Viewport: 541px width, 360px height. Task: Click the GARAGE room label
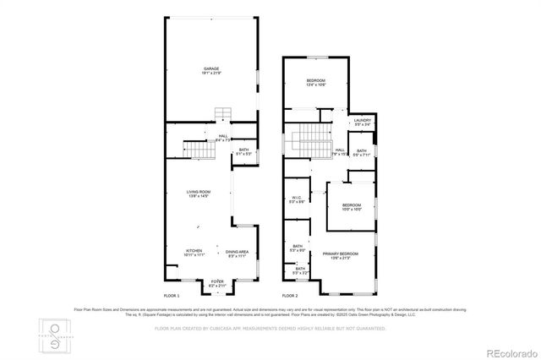210,70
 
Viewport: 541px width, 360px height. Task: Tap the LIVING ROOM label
199,194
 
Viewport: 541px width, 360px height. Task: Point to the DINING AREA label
237,252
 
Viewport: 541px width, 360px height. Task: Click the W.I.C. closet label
297,199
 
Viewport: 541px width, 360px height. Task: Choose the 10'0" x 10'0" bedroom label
352,207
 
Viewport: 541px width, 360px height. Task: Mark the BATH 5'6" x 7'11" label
361,152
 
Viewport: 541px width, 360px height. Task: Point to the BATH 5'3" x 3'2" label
299,271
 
